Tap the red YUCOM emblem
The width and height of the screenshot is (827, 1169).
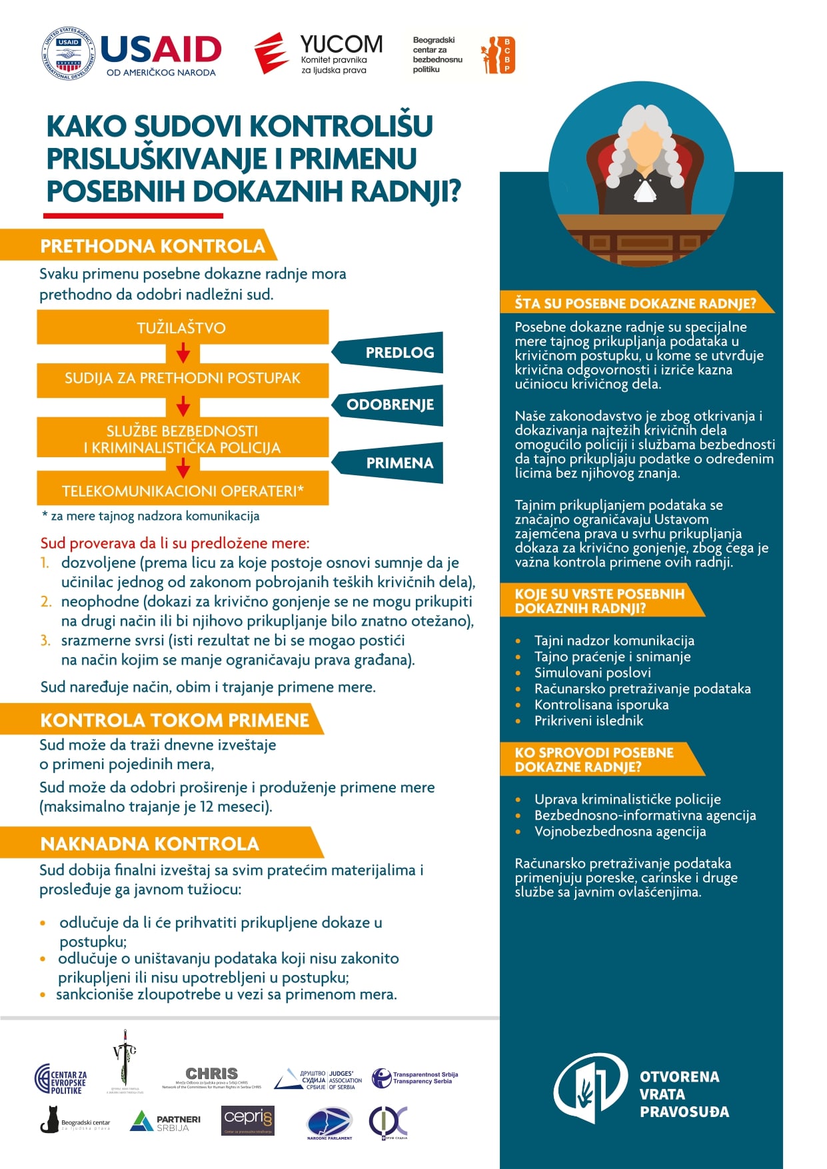click(x=271, y=53)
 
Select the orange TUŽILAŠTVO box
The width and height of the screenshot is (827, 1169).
click(x=182, y=328)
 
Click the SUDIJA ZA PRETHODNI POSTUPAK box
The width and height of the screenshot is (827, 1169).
click(x=182, y=379)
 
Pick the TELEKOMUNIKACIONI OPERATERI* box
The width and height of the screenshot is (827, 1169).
click(x=182, y=491)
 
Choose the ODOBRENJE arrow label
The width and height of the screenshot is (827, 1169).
click(x=389, y=405)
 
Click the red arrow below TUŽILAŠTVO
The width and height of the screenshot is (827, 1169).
click(x=183, y=353)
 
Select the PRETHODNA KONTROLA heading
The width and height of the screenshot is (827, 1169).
click(x=153, y=246)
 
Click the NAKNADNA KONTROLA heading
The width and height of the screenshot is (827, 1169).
click(x=150, y=844)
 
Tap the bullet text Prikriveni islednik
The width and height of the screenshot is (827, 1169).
click(x=588, y=720)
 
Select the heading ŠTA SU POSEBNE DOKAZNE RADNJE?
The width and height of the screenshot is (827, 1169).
click(x=635, y=304)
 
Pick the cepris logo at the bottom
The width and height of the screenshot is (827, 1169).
click(x=248, y=1120)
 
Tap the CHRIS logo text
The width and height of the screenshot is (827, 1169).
click(x=211, y=1073)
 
